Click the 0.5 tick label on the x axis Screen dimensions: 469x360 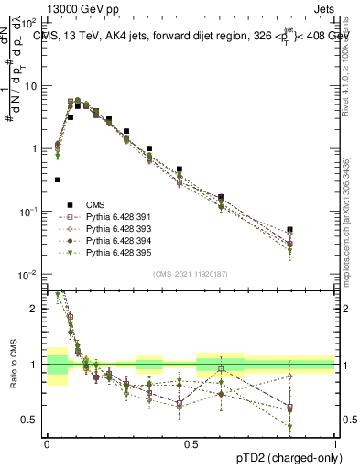tap(191, 442)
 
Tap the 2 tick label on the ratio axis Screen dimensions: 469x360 tap(36, 309)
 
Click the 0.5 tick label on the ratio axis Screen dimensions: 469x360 tap(32, 420)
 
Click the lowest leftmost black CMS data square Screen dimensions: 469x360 tap(58, 180)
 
